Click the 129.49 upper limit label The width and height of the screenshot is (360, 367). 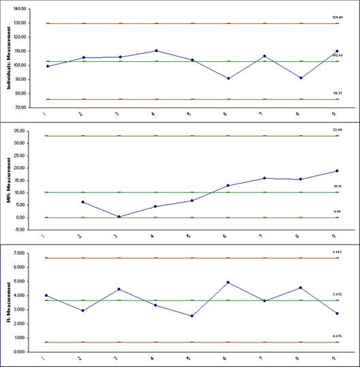(336, 18)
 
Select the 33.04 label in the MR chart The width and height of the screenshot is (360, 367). (336, 128)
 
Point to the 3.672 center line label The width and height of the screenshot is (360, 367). (336, 294)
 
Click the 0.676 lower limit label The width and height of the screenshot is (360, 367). (336, 336)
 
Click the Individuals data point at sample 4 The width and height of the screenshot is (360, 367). (157, 50)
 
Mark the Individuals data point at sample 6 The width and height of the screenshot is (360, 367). (229, 78)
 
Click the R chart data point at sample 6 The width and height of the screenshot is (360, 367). (229, 282)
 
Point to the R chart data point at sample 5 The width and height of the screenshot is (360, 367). (193, 316)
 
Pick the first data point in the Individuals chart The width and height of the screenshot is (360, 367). (47, 66)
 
